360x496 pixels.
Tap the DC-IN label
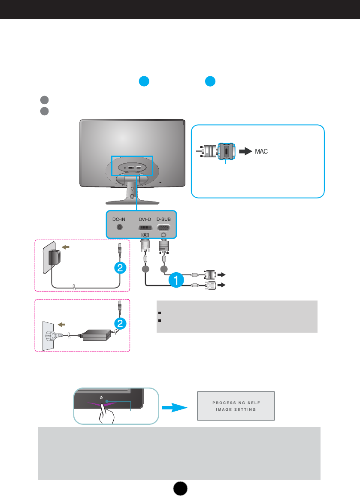coord(119,219)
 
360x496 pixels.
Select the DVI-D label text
coord(145,219)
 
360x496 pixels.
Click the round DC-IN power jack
coord(119,227)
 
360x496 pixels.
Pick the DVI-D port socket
coord(145,228)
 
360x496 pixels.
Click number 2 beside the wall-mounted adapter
coord(121,268)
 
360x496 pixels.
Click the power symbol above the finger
coord(101,397)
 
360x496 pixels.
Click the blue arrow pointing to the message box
coord(177,406)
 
